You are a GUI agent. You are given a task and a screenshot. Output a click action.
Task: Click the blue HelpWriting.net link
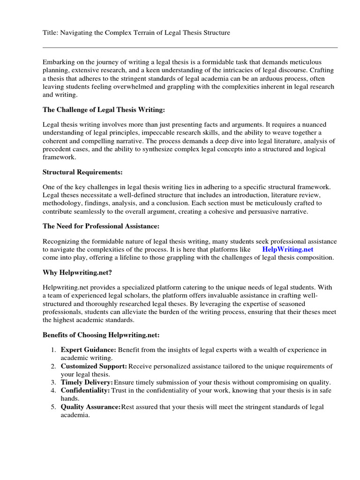point(287,249)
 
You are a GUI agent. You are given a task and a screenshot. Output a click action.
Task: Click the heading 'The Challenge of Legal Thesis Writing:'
point(104,110)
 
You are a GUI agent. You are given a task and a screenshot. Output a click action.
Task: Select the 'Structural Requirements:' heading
point(83,172)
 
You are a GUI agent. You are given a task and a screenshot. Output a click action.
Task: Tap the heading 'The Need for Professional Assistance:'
point(101,226)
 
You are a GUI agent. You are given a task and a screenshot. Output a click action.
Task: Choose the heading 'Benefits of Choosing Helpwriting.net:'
point(101,335)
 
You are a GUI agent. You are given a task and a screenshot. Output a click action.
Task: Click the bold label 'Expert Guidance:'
point(89,350)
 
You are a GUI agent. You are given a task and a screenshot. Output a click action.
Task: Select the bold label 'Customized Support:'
point(94,366)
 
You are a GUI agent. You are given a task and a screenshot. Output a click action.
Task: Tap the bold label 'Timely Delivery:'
point(87,382)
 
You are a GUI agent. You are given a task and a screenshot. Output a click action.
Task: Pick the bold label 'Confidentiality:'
point(85,390)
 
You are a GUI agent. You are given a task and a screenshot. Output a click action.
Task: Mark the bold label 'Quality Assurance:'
point(90,406)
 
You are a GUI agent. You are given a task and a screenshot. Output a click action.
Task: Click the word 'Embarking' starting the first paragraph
point(58,62)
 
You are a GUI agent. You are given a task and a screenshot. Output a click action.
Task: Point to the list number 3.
point(53,382)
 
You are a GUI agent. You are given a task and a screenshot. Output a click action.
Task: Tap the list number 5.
point(53,406)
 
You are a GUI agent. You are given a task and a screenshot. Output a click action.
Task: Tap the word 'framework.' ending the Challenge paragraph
point(59,157)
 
